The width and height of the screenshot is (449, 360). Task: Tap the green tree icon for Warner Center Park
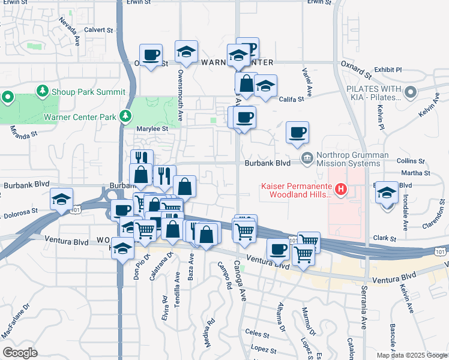[125, 116]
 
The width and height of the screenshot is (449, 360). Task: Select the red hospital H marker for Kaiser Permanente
[341, 190]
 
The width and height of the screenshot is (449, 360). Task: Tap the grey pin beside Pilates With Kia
[411, 92]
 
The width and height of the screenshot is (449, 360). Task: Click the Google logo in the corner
[20, 353]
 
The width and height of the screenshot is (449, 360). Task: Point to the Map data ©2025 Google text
[412, 355]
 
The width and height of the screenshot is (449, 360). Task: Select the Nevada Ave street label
[68, 29]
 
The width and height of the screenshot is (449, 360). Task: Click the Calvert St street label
[98, 29]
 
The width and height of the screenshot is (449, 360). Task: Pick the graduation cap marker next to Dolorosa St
[61, 199]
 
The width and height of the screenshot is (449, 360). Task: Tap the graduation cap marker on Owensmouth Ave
[186, 52]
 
